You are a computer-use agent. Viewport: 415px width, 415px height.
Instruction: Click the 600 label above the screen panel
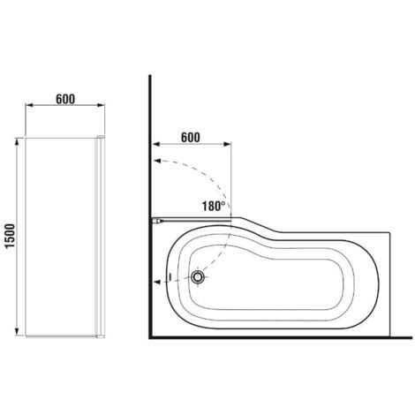(x=65, y=99)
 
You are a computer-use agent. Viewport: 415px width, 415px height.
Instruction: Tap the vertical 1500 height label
(x=11, y=236)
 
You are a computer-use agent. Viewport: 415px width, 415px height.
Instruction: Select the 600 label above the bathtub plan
(x=190, y=138)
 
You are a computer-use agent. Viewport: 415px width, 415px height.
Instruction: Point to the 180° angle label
(x=214, y=206)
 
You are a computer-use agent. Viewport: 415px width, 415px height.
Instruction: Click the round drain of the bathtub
(x=197, y=276)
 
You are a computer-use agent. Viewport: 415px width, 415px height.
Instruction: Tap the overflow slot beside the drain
(x=170, y=277)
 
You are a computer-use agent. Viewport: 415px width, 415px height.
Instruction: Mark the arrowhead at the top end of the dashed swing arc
(x=157, y=161)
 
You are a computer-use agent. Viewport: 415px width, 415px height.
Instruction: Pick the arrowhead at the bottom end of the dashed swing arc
(x=157, y=282)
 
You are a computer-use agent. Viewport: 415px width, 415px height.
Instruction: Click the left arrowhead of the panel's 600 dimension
(x=29, y=105)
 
